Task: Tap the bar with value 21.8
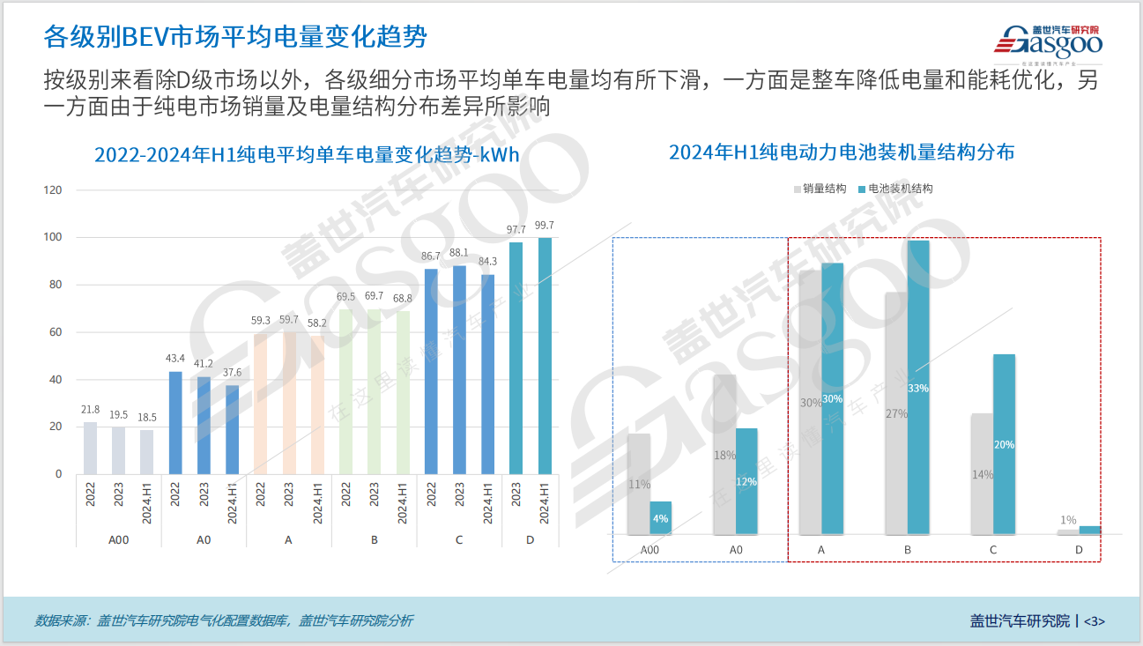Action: click(x=90, y=448)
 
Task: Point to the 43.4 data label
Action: click(x=175, y=359)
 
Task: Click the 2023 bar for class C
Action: click(x=459, y=369)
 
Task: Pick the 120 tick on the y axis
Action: click(x=53, y=190)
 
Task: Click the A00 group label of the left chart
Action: click(x=118, y=539)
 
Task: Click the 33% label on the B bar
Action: click(x=918, y=388)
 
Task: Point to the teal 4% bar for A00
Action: click(x=661, y=518)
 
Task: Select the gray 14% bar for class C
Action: click(x=982, y=473)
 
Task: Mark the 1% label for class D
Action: click(x=1068, y=521)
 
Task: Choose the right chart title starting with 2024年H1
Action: click(x=842, y=152)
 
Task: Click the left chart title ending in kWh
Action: click(x=307, y=155)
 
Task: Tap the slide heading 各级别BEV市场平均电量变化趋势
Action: click(x=236, y=37)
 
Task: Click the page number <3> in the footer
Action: click(x=1094, y=620)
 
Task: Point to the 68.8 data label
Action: click(x=402, y=299)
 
